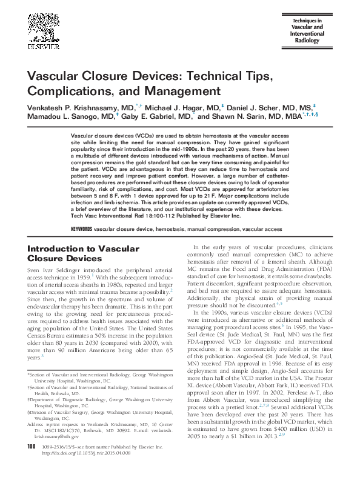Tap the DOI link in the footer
point(88,470)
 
